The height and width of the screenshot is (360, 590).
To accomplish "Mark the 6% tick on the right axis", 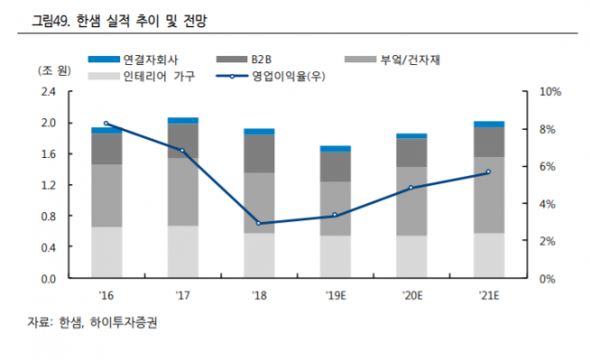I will point(547,167).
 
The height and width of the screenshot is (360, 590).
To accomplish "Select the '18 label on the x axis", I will point(259,293).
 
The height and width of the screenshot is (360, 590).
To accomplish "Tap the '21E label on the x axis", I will point(489,293).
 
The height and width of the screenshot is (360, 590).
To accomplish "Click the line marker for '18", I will point(259,223).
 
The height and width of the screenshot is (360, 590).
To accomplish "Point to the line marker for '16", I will point(106,124).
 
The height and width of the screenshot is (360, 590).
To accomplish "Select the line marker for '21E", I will point(489,172).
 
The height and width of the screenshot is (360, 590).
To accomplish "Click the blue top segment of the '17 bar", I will point(183,120).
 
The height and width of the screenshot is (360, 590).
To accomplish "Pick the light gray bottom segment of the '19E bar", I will point(336,256).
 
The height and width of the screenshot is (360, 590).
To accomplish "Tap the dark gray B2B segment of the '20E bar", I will point(412,152).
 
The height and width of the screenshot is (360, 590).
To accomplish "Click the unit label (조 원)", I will point(49,72).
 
